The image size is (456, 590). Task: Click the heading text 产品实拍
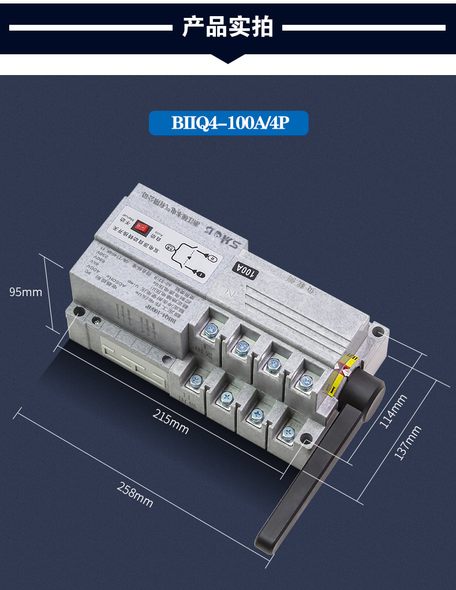227,27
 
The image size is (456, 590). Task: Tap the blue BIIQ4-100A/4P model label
229,124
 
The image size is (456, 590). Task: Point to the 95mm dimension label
26,292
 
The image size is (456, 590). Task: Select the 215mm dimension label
171,421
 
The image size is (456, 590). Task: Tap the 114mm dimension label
394,410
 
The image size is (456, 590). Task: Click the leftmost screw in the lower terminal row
196,380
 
